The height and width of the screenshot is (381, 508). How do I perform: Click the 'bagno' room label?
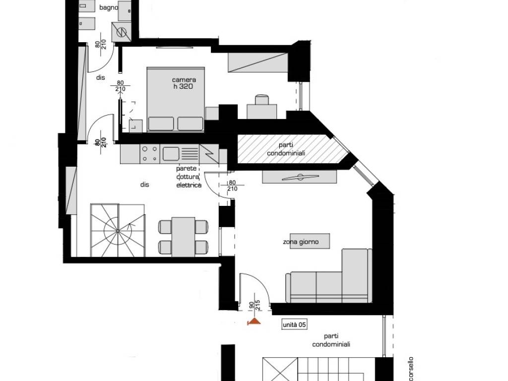click(x=109, y=7)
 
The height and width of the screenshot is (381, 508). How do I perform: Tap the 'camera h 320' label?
click(x=184, y=83)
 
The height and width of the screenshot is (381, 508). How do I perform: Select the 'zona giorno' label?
click(x=301, y=242)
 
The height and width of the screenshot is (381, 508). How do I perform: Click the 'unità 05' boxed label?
click(x=294, y=324)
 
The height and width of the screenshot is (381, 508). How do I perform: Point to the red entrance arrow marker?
click(x=254, y=321)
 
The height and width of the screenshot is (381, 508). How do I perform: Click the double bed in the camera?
click(x=176, y=99)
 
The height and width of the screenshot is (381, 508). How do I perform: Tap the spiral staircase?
click(x=118, y=230)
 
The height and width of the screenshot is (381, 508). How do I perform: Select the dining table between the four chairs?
click(x=184, y=237)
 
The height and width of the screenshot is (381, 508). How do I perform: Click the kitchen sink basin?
click(x=171, y=154)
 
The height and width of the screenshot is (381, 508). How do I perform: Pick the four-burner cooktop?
click(x=150, y=154)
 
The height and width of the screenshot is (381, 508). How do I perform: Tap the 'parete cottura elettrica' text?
click(x=189, y=177)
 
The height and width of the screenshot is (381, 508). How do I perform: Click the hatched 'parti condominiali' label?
click(x=286, y=149)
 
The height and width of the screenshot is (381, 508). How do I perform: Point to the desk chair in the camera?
click(x=262, y=99)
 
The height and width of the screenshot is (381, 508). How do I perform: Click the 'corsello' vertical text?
click(x=410, y=369)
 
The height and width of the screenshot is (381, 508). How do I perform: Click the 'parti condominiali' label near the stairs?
click(x=331, y=340)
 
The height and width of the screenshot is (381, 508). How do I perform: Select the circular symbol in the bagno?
click(x=121, y=32)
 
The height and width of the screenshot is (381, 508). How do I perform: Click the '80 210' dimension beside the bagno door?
click(x=101, y=44)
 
